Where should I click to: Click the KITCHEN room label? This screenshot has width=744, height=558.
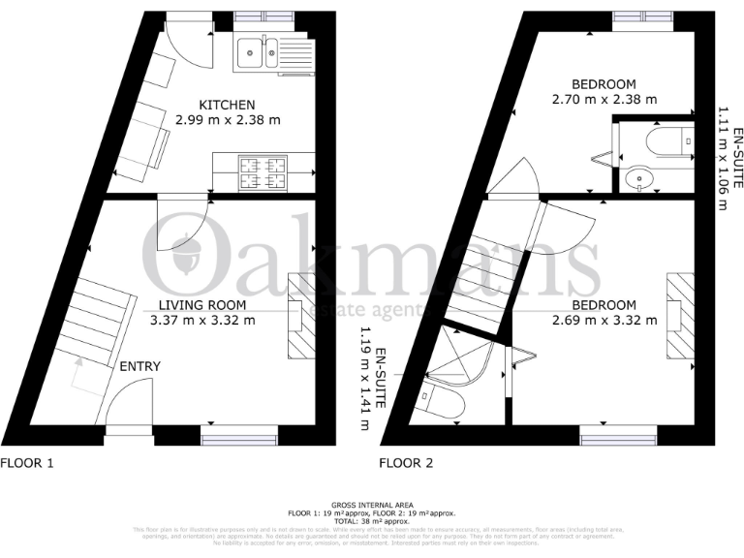tap(227, 105)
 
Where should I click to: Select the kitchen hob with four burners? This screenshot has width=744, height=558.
tap(263, 173)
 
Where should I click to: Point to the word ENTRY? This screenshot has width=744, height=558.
tap(139, 366)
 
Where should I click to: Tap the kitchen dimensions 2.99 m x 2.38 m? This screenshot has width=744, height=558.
tap(227, 121)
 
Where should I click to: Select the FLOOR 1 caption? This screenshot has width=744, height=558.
tap(27, 463)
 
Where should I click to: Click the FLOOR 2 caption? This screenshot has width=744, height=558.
tap(406, 463)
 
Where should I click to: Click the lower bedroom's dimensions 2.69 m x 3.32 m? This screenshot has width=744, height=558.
tap(604, 321)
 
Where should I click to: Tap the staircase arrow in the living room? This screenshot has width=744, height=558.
tap(77, 374)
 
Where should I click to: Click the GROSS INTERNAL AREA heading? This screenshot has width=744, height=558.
tap(371, 506)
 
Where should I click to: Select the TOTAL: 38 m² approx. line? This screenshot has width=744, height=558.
tap(371, 520)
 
